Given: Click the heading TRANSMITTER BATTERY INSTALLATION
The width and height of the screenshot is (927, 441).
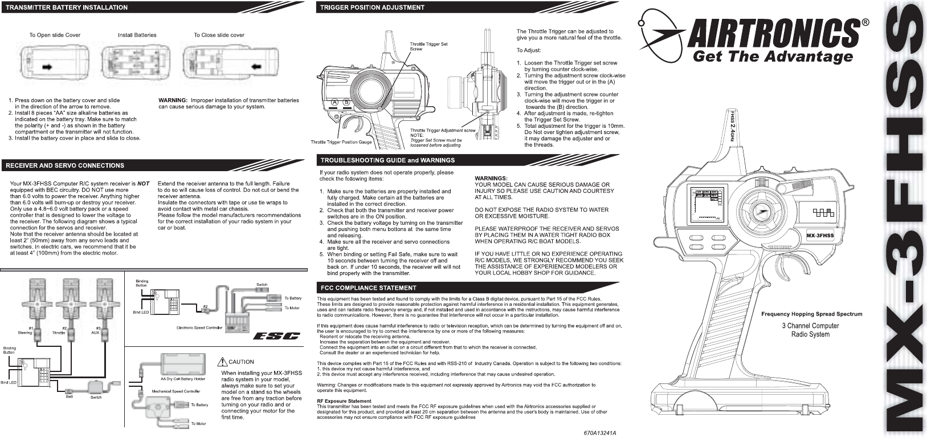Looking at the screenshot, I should click(x=67, y=7).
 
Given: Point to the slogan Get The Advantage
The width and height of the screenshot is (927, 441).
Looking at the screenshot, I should click(x=772, y=56).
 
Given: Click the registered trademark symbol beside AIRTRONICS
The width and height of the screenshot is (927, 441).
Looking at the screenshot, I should click(x=865, y=23).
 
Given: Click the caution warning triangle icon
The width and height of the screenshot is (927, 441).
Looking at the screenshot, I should click(x=222, y=361).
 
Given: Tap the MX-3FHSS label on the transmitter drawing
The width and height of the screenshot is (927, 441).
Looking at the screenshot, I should click(x=820, y=235).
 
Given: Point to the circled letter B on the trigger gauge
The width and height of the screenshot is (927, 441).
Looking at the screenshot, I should click(x=346, y=102).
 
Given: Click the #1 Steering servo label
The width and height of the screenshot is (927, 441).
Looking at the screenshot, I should click(x=24, y=330).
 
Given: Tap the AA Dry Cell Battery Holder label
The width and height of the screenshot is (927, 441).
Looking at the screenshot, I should click(x=182, y=378).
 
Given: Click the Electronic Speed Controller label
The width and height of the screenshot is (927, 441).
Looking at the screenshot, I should click(x=199, y=327).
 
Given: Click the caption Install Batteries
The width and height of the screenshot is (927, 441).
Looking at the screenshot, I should click(x=137, y=35).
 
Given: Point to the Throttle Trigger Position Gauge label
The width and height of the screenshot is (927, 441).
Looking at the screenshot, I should click(x=341, y=141).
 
